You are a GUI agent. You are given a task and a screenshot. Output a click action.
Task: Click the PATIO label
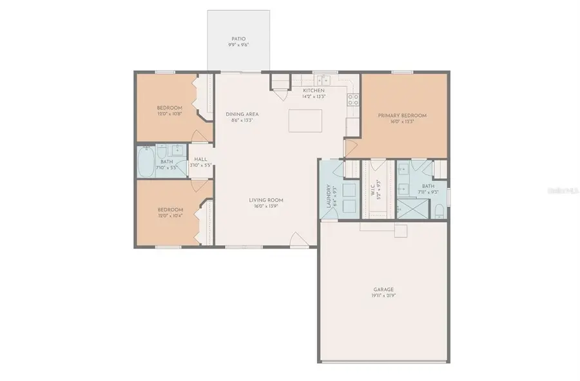[238, 39]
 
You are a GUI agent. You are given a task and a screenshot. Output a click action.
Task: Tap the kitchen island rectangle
[305, 121]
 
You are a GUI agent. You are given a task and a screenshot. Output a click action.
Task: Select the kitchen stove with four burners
[353, 100]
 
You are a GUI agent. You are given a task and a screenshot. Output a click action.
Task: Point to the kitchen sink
[324, 81]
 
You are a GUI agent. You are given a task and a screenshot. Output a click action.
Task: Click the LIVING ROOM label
[266, 200]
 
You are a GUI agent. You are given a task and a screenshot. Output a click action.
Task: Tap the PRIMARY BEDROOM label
[402, 115]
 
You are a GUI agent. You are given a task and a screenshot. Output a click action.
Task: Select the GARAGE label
[383, 290]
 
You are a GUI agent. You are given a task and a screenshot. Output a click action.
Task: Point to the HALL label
[200, 159]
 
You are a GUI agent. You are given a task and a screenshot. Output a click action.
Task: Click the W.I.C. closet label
[372, 192]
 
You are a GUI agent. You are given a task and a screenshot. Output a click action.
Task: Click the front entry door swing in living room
[298, 241]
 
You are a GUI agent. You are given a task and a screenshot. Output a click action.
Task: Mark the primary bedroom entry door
[351, 148]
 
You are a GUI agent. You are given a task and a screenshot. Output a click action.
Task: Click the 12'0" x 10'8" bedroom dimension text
[169, 113]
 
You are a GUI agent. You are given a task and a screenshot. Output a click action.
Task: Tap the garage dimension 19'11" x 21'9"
[383, 296]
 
